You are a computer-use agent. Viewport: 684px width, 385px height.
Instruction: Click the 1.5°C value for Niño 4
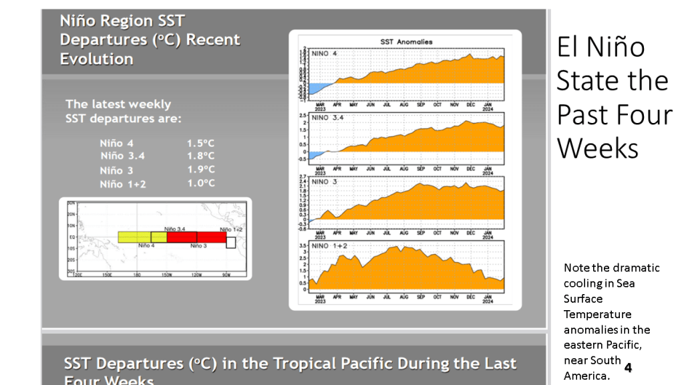coord(200,144)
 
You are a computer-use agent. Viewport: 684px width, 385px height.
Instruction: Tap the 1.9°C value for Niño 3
coord(200,170)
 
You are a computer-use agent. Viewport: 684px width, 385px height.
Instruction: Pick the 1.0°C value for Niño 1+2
coord(200,183)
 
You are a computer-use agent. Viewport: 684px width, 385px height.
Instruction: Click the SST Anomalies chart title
coord(405,42)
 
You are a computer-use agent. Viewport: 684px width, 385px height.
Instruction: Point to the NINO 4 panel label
coord(325,53)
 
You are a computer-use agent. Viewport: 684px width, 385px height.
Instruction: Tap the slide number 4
coord(628,367)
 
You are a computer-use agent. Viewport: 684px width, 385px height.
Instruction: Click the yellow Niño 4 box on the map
coord(134,237)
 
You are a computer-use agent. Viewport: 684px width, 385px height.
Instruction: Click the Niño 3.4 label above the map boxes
coord(174,229)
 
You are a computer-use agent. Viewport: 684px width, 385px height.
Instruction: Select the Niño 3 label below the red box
coord(198,246)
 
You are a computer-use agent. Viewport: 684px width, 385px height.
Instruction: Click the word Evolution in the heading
coord(96,59)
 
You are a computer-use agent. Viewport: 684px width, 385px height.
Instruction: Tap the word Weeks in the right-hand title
coord(598,148)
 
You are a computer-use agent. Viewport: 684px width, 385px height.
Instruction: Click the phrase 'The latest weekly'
coord(118,104)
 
